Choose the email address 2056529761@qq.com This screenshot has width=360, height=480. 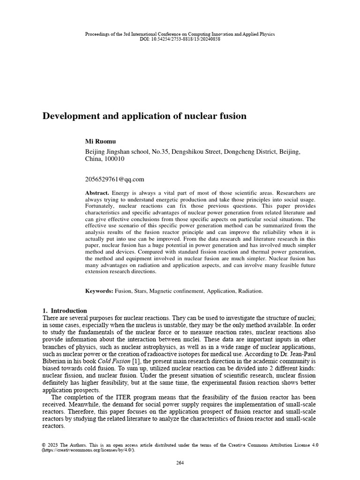114,179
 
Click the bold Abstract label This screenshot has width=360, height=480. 97,193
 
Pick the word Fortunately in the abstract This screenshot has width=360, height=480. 100,206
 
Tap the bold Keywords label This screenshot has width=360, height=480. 99,291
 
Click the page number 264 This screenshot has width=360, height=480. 180,463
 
